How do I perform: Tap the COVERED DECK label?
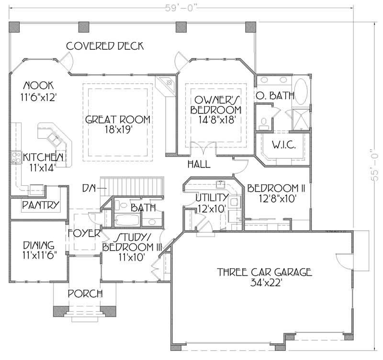click(105, 46)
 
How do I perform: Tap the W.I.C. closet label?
click(282, 144)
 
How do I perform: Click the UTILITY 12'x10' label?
click(211, 202)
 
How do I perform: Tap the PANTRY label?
click(41, 205)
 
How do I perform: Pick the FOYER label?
click(83, 234)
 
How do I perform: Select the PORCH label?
click(84, 293)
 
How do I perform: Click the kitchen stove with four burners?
click(15, 157)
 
